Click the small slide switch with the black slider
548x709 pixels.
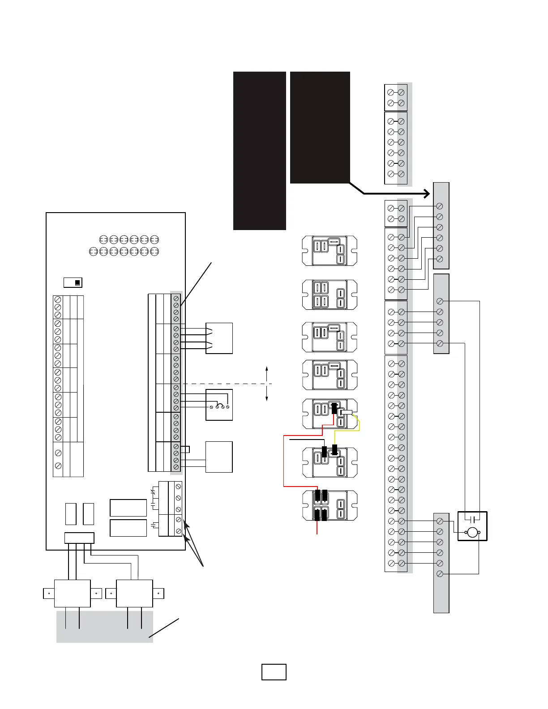[x=73, y=282]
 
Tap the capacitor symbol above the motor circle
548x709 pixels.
[x=472, y=519]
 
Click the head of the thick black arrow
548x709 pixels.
[x=426, y=194]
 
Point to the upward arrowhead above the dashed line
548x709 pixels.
[x=267, y=368]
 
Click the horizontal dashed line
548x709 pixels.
[x=224, y=384]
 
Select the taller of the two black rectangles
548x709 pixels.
[x=260, y=150]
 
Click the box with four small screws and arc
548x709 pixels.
[x=219, y=405]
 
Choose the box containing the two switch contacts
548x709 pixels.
[x=219, y=338]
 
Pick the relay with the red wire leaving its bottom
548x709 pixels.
[x=330, y=506]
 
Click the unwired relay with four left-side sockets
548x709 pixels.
[x=330, y=295]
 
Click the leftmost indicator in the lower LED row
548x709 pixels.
[x=93, y=252]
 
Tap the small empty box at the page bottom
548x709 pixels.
[x=274, y=672]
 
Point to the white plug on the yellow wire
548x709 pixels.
[x=347, y=413]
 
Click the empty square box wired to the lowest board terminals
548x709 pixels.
[x=219, y=457]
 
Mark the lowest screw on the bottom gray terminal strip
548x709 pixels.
[x=440, y=574]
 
